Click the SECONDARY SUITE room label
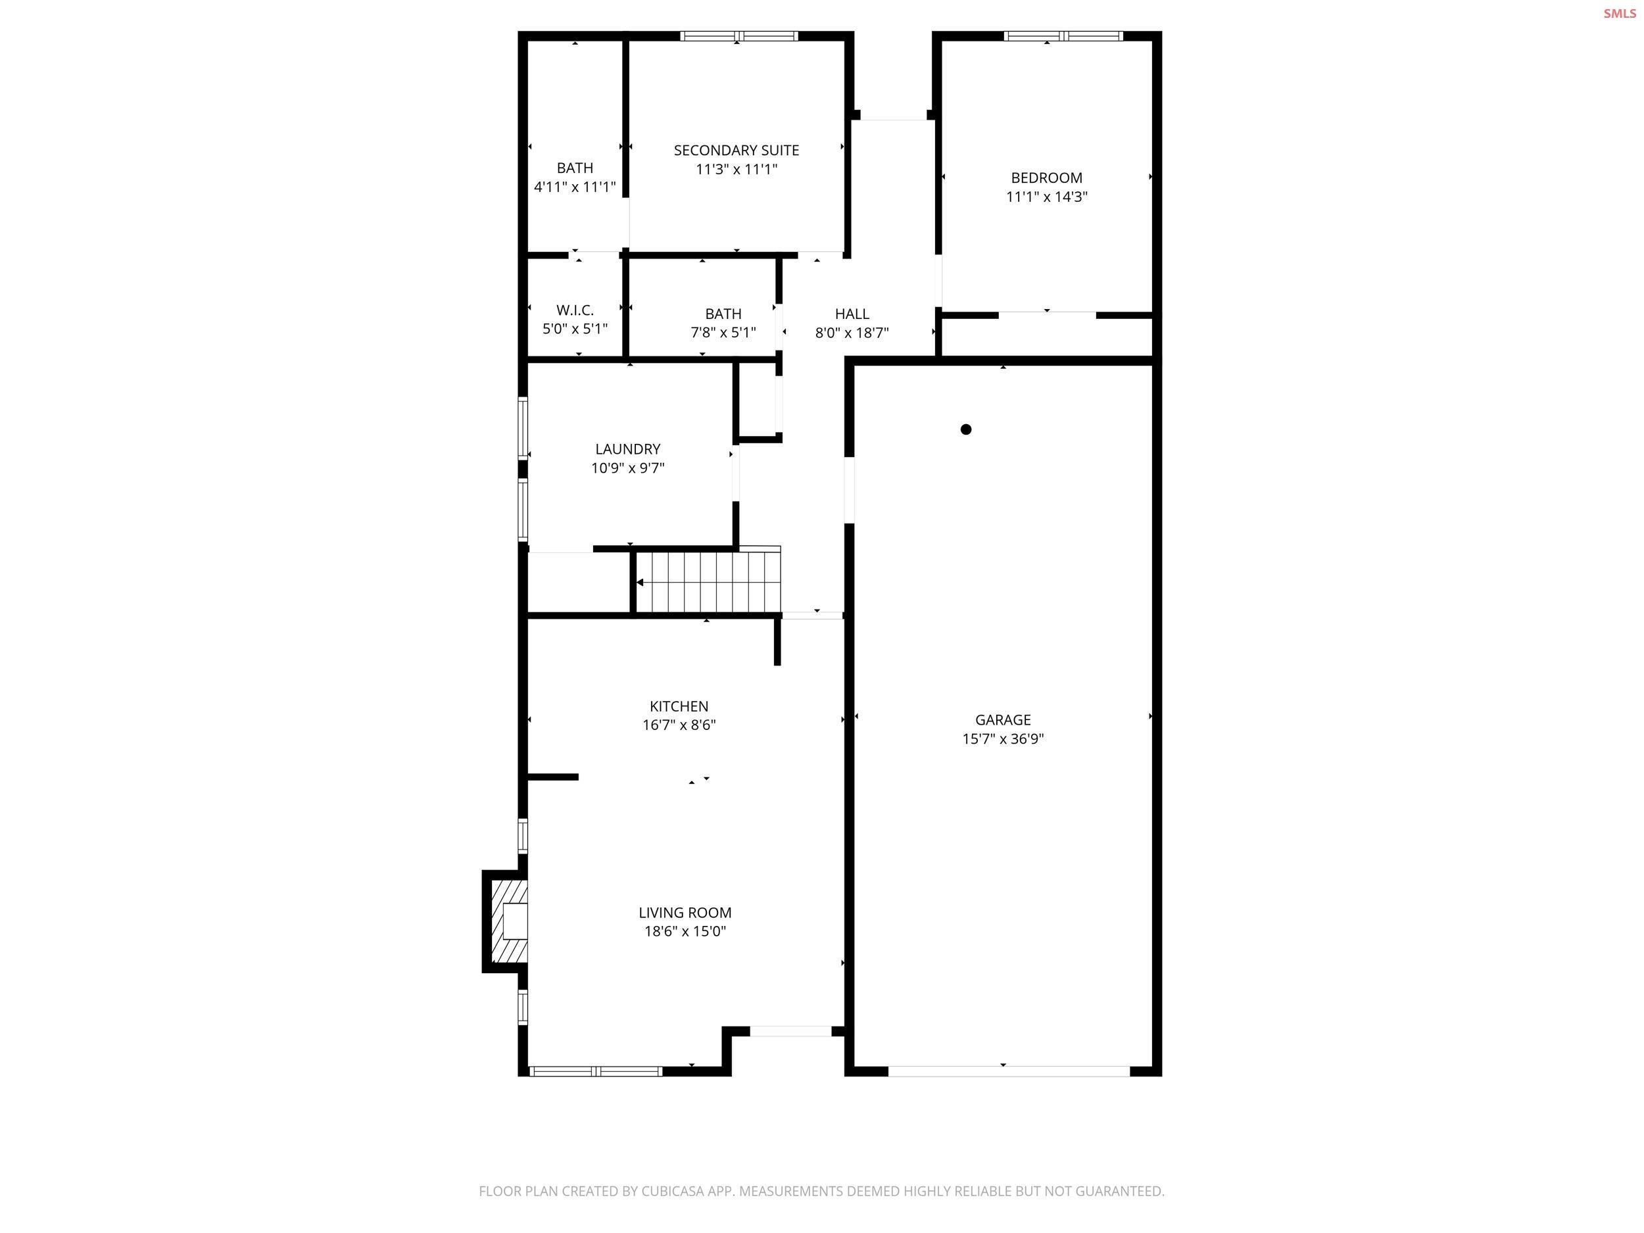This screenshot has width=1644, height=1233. pyautogui.click(x=736, y=150)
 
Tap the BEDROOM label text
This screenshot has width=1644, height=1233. pyautogui.click(x=1046, y=178)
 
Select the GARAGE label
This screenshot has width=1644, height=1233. pyautogui.click(x=1003, y=719)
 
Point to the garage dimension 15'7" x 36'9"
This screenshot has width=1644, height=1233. pyautogui.click(x=1003, y=738)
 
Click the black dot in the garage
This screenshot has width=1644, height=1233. pyautogui.click(x=965, y=429)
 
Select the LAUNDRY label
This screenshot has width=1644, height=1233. pyautogui.click(x=627, y=449)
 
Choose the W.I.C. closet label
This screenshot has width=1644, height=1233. pyautogui.click(x=575, y=310)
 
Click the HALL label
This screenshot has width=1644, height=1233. pyautogui.click(x=852, y=314)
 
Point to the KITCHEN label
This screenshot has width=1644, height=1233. pyautogui.click(x=679, y=706)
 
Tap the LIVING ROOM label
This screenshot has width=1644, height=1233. pyautogui.click(x=685, y=913)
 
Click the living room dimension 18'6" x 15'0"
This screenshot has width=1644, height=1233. pyautogui.click(x=685, y=931)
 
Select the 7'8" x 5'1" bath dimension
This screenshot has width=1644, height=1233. pyautogui.click(x=723, y=332)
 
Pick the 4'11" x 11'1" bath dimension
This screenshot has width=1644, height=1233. pyautogui.click(x=575, y=187)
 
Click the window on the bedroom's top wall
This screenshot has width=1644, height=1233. pyautogui.click(x=1063, y=36)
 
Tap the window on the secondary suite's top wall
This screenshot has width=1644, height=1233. pyautogui.click(x=738, y=36)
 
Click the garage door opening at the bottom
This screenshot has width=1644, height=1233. pyautogui.click(x=1009, y=1071)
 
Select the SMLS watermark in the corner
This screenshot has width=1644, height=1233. pyautogui.click(x=1620, y=13)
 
